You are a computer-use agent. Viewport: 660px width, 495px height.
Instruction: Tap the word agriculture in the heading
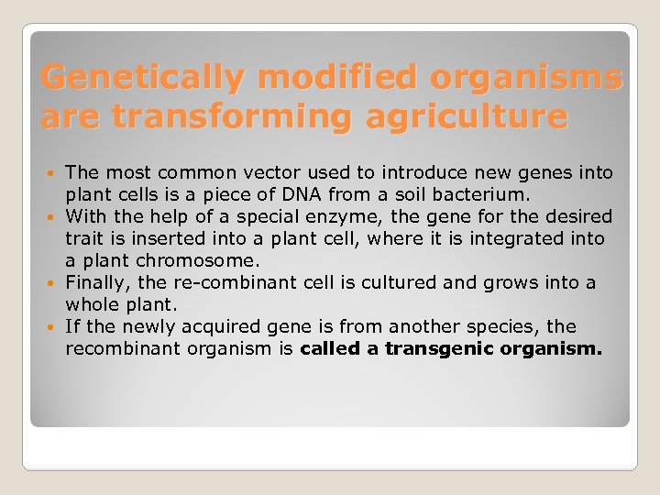tap(466, 116)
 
